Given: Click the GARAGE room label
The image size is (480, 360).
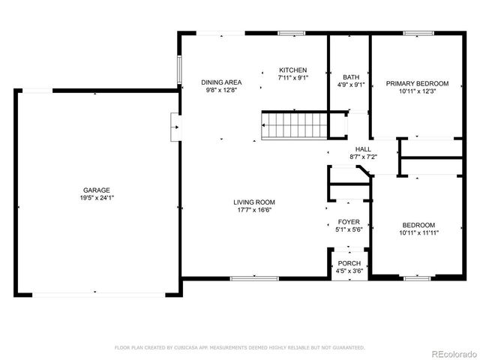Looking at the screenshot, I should coord(97,190).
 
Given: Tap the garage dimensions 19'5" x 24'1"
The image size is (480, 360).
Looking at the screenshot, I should coord(97,198).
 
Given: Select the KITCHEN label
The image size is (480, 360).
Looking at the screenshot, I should coord(292,69).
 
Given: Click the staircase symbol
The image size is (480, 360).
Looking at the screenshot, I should coord(295,125).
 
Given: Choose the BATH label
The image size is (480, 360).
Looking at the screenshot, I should coord(351,76).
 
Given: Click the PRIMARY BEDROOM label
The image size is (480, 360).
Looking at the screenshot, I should coord(417,83).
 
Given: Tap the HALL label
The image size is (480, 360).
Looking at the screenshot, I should coord(363,148).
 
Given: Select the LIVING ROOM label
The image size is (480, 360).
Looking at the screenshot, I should coord(253,202).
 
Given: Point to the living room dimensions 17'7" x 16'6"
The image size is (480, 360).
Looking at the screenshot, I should coord(253,210).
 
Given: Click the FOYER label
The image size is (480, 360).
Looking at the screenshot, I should coord(349,222).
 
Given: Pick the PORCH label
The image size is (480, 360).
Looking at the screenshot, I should coord(349,263).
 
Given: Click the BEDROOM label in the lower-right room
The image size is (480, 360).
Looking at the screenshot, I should coord(418,224).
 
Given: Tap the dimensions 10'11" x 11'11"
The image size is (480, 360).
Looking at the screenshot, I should coord(418,232).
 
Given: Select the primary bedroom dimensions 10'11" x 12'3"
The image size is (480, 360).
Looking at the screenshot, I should coord(417,91).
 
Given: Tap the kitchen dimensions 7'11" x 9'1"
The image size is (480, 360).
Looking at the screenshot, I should coord(292,76).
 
